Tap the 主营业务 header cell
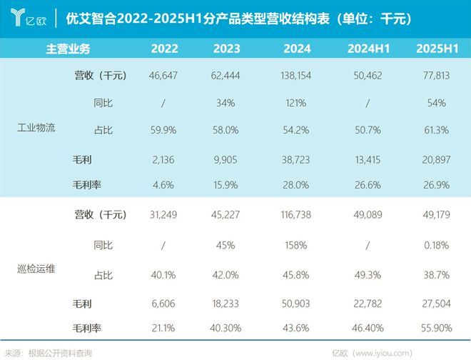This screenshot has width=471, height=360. [x=69, y=49]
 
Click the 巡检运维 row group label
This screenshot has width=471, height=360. [x=36, y=269]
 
